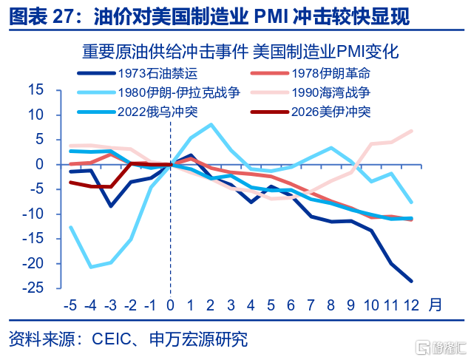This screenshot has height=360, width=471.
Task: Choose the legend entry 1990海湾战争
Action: tap(330, 93)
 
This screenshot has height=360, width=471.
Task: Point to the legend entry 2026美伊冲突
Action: tap(330, 112)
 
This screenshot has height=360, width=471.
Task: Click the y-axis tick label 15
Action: tap(35, 90)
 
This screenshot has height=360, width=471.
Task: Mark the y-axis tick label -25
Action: tap(33, 288)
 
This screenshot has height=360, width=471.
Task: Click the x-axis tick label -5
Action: tap(70, 305)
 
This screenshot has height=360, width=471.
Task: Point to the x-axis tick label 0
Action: tap(171, 305)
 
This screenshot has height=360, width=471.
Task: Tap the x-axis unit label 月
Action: tap(436, 304)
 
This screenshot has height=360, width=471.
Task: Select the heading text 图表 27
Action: tap(41, 16)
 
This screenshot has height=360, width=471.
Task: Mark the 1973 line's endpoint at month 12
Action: tap(411, 281)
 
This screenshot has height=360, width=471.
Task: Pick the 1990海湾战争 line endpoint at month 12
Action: tap(411, 131)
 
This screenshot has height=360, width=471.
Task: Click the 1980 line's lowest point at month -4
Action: tap(90, 267)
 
